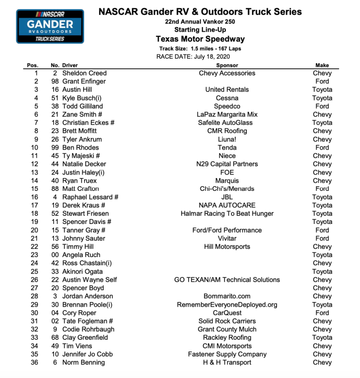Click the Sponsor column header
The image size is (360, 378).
[x=227, y=65]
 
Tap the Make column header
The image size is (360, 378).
[x=322, y=65]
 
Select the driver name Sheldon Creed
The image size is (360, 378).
[x=84, y=73]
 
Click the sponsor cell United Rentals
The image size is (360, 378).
[x=227, y=90]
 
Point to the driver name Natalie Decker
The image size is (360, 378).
[x=84, y=164]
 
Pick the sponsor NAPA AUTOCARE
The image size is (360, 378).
[x=227, y=206]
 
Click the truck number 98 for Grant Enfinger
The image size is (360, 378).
[x=56, y=82]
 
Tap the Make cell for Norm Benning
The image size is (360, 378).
[x=322, y=363]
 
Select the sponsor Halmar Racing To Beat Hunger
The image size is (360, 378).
[x=227, y=214]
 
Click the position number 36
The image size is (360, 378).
[x=34, y=363]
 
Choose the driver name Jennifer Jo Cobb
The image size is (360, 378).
[x=87, y=355]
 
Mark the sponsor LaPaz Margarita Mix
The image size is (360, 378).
[x=227, y=115]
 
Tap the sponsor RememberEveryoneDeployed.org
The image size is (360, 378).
[x=227, y=305]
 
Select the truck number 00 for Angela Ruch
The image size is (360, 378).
[x=56, y=255]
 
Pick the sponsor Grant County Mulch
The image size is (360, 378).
[x=227, y=330]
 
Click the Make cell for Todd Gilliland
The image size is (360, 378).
[x=322, y=107]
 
